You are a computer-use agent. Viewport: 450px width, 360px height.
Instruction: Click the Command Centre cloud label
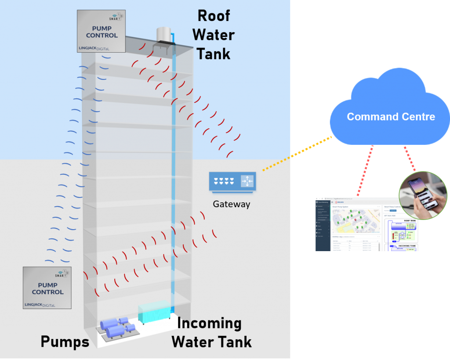391,117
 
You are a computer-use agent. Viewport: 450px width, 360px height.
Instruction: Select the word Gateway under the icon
231,204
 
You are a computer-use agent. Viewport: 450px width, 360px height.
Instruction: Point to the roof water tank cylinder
163,34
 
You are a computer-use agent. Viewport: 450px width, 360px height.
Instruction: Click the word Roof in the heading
214,16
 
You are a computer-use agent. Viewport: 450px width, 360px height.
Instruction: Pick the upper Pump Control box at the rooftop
101,31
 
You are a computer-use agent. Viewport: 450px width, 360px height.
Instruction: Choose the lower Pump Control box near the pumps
47,287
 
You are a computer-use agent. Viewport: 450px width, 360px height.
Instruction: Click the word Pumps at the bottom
65,342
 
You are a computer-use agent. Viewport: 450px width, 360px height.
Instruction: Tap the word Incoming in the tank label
209,324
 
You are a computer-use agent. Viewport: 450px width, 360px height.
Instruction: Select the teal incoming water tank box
153,312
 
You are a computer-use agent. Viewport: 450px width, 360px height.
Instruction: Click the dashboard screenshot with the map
367,224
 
